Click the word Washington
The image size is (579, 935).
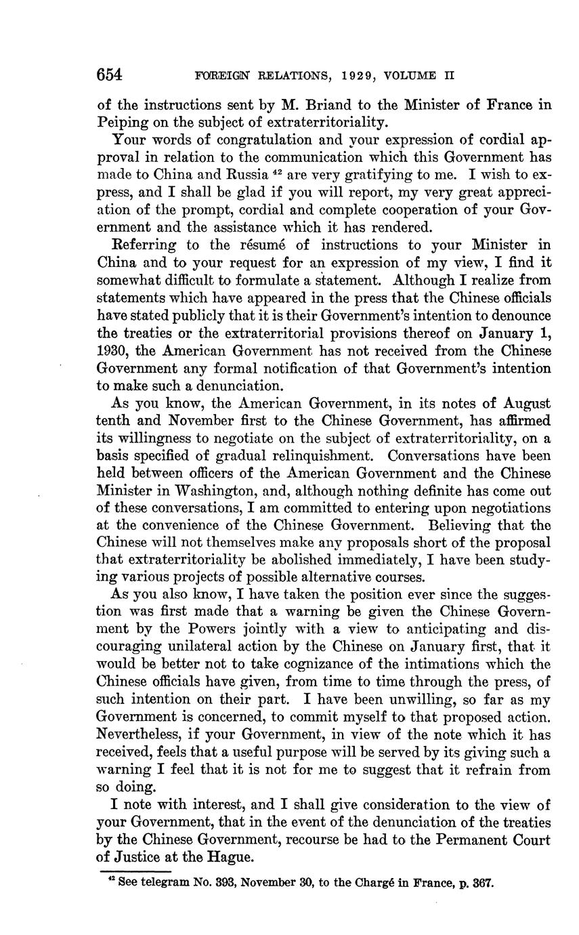213,491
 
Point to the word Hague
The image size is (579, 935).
234,858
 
